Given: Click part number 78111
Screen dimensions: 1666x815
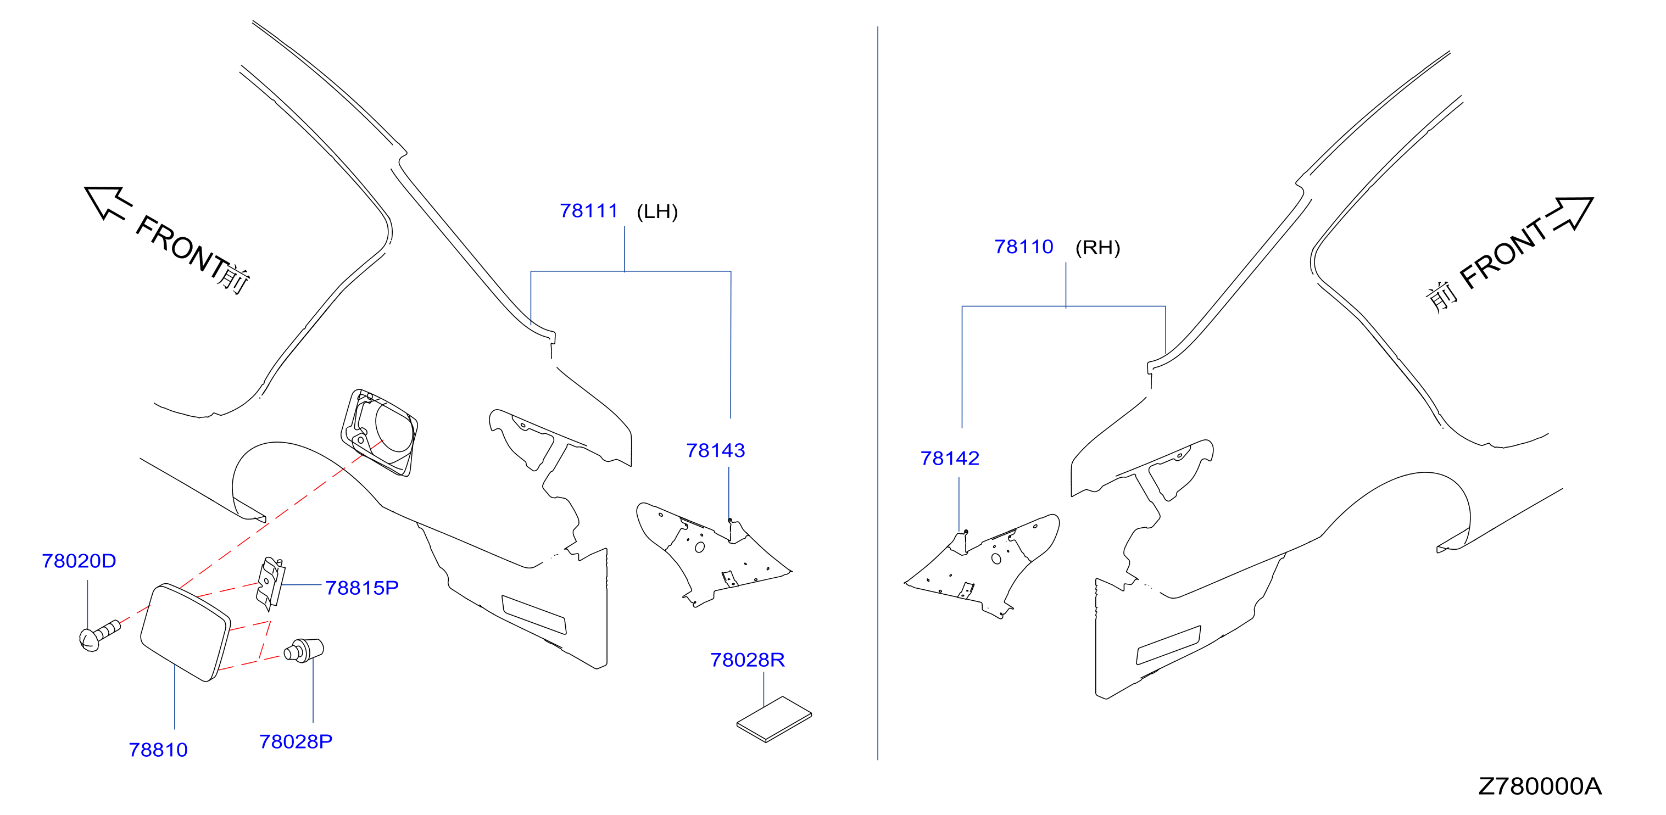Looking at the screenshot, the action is pyautogui.click(x=588, y=211).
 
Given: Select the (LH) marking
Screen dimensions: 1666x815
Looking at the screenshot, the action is pyautogui.click(x=657, y=211).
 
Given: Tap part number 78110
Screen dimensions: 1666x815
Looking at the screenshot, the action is pyautogui.click(x=1024, y=247).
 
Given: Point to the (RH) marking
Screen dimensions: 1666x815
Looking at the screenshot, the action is pyautogui.click(x=1097, y=248).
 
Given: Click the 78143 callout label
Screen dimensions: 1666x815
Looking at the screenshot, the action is pyautogui.click(x=715, y=450).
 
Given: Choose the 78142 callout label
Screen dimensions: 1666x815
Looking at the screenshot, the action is pyautogui.click(x=949, y=458).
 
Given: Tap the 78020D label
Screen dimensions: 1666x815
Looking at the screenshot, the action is pyautogui.click(x=79, y=561).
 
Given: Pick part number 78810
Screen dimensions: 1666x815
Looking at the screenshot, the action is pyautogui.click(x=158, y=750).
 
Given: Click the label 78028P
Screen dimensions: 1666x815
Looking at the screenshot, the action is pyautogui.click(x=296, y=741).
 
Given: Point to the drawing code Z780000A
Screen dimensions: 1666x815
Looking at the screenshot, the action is pyautogui.click(x=1540, y=786).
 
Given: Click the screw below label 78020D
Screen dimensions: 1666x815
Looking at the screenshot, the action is pyautogui.click(x=99, y=635).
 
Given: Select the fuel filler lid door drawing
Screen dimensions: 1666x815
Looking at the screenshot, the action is pyautogui.click(x=185, y=633).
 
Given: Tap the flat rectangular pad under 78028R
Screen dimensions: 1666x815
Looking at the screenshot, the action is pyautogui.click(x=774, y=719).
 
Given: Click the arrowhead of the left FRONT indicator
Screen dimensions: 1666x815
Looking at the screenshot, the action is pyautogui.click(x=103, y=200).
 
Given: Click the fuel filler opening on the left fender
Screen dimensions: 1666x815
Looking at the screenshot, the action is pyautogui.click(x=380, y=432).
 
